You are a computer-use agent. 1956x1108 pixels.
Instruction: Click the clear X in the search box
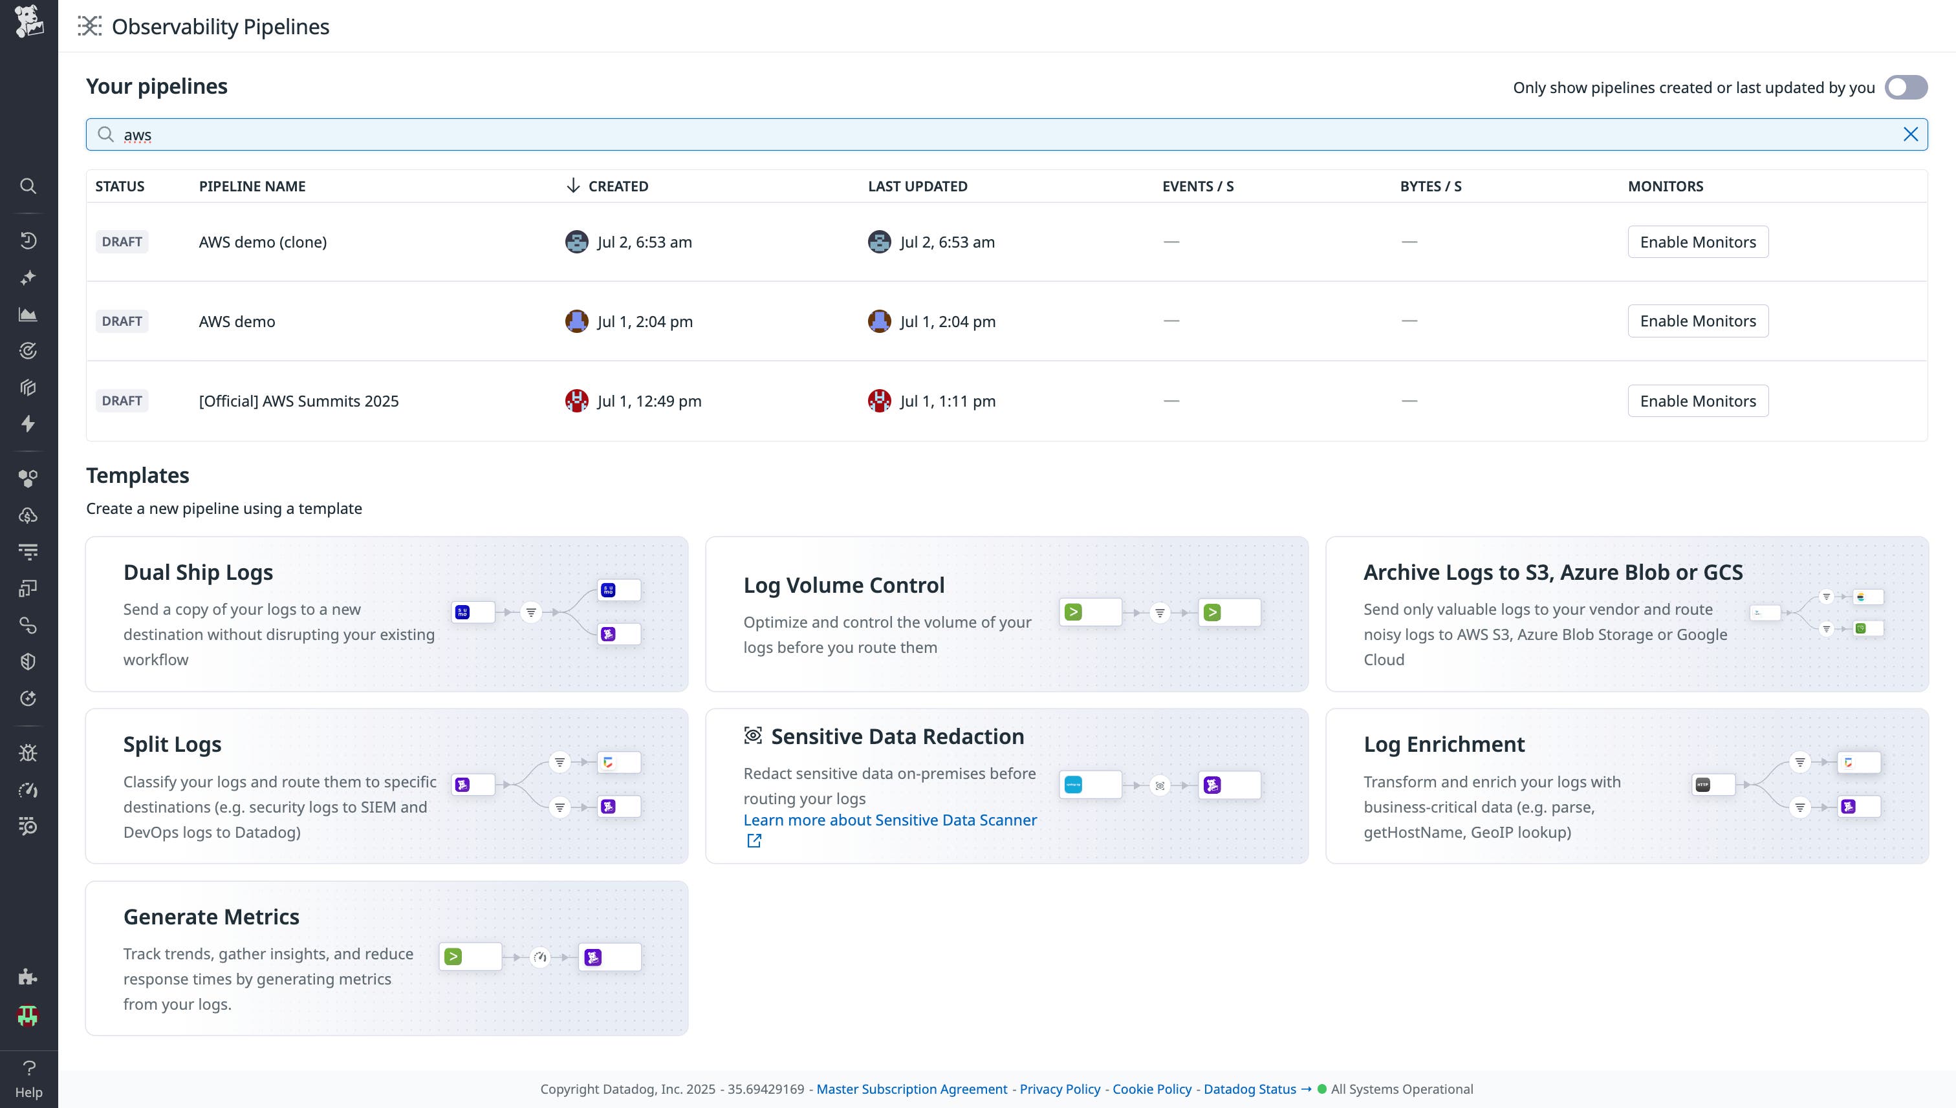point(1909,134)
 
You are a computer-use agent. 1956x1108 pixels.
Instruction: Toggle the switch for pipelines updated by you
point(1905,87)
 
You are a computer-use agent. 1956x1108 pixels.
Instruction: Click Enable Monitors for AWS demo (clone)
point(1697,242)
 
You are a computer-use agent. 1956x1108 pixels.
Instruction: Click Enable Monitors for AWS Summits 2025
point(1697,401)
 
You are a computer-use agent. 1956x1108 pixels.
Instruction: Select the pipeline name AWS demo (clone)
point(263,242)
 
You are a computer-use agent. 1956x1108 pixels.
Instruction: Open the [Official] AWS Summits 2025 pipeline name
point(298,401)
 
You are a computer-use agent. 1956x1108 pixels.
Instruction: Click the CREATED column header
point(618,186)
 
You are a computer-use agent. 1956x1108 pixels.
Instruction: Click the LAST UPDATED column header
point(917,186)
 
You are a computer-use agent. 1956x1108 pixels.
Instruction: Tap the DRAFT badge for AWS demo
point(122,321)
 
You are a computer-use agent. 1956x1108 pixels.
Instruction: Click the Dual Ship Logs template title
point(198,572)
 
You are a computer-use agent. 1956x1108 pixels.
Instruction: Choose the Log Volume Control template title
point(843,585)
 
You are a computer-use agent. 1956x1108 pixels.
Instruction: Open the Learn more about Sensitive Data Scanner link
point(889,820)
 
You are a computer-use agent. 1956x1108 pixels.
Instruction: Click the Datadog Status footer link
point(1250,1089)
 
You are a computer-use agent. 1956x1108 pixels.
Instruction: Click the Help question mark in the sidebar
point(29,1069)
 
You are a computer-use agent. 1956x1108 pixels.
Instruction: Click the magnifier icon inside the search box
point(106,134)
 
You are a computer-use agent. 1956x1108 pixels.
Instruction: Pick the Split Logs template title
point(172,744)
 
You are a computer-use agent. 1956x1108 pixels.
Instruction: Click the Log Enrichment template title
point(1444,744)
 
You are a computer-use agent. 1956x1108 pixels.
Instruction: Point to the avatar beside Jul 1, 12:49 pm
point(576,401)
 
